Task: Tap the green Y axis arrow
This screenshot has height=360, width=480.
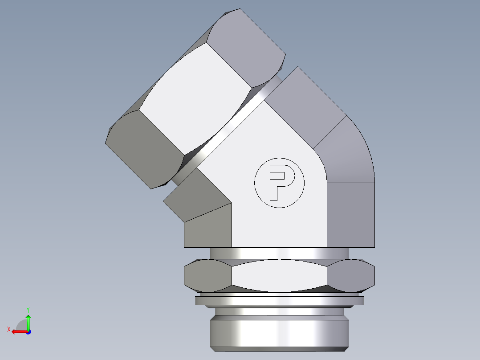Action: [28, 321]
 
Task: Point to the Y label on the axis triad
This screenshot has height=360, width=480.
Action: [28, 309]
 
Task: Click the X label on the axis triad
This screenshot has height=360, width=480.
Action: [8, 329]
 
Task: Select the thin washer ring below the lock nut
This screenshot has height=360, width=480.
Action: [279, 301]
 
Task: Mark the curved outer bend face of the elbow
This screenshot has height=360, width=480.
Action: [350, 154]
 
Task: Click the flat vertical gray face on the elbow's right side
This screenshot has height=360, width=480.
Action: [351, 214]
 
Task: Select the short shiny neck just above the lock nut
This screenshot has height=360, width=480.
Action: [279, 253]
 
